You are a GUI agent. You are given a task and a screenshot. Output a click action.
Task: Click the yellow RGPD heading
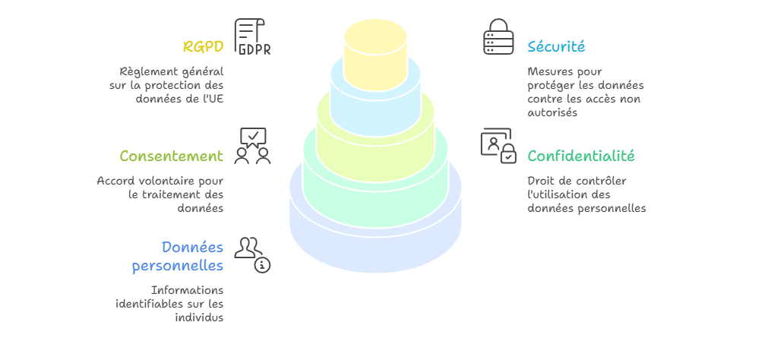point(204,46)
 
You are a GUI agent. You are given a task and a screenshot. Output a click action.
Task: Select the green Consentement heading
point(172,156)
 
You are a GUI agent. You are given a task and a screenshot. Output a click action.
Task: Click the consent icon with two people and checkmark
point(253,146)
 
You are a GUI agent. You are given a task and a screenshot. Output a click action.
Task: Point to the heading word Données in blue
point(192,248)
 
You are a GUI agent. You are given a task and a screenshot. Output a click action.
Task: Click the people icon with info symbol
point(253,255)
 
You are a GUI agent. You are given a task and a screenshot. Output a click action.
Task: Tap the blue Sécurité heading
point(556,46)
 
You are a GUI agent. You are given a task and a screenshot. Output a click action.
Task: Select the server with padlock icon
point(498,36)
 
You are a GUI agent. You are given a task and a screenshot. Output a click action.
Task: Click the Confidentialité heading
point(581,156)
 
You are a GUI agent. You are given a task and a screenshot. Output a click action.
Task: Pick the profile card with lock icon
point(498,146)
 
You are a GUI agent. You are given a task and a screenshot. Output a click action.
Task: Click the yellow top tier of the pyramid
point(376,55)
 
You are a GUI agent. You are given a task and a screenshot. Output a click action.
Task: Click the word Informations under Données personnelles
point(187,290)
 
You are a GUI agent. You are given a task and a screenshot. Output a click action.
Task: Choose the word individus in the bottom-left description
point(199,317)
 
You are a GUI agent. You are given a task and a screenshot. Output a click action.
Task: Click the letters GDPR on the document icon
point(254,49)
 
